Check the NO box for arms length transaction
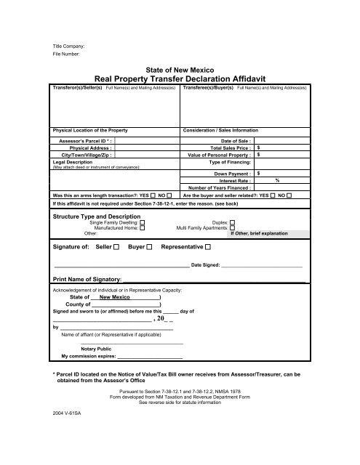point(169,195)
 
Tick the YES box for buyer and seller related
point(271,195)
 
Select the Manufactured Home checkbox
point(143,228)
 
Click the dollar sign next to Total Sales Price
point(260,147)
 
